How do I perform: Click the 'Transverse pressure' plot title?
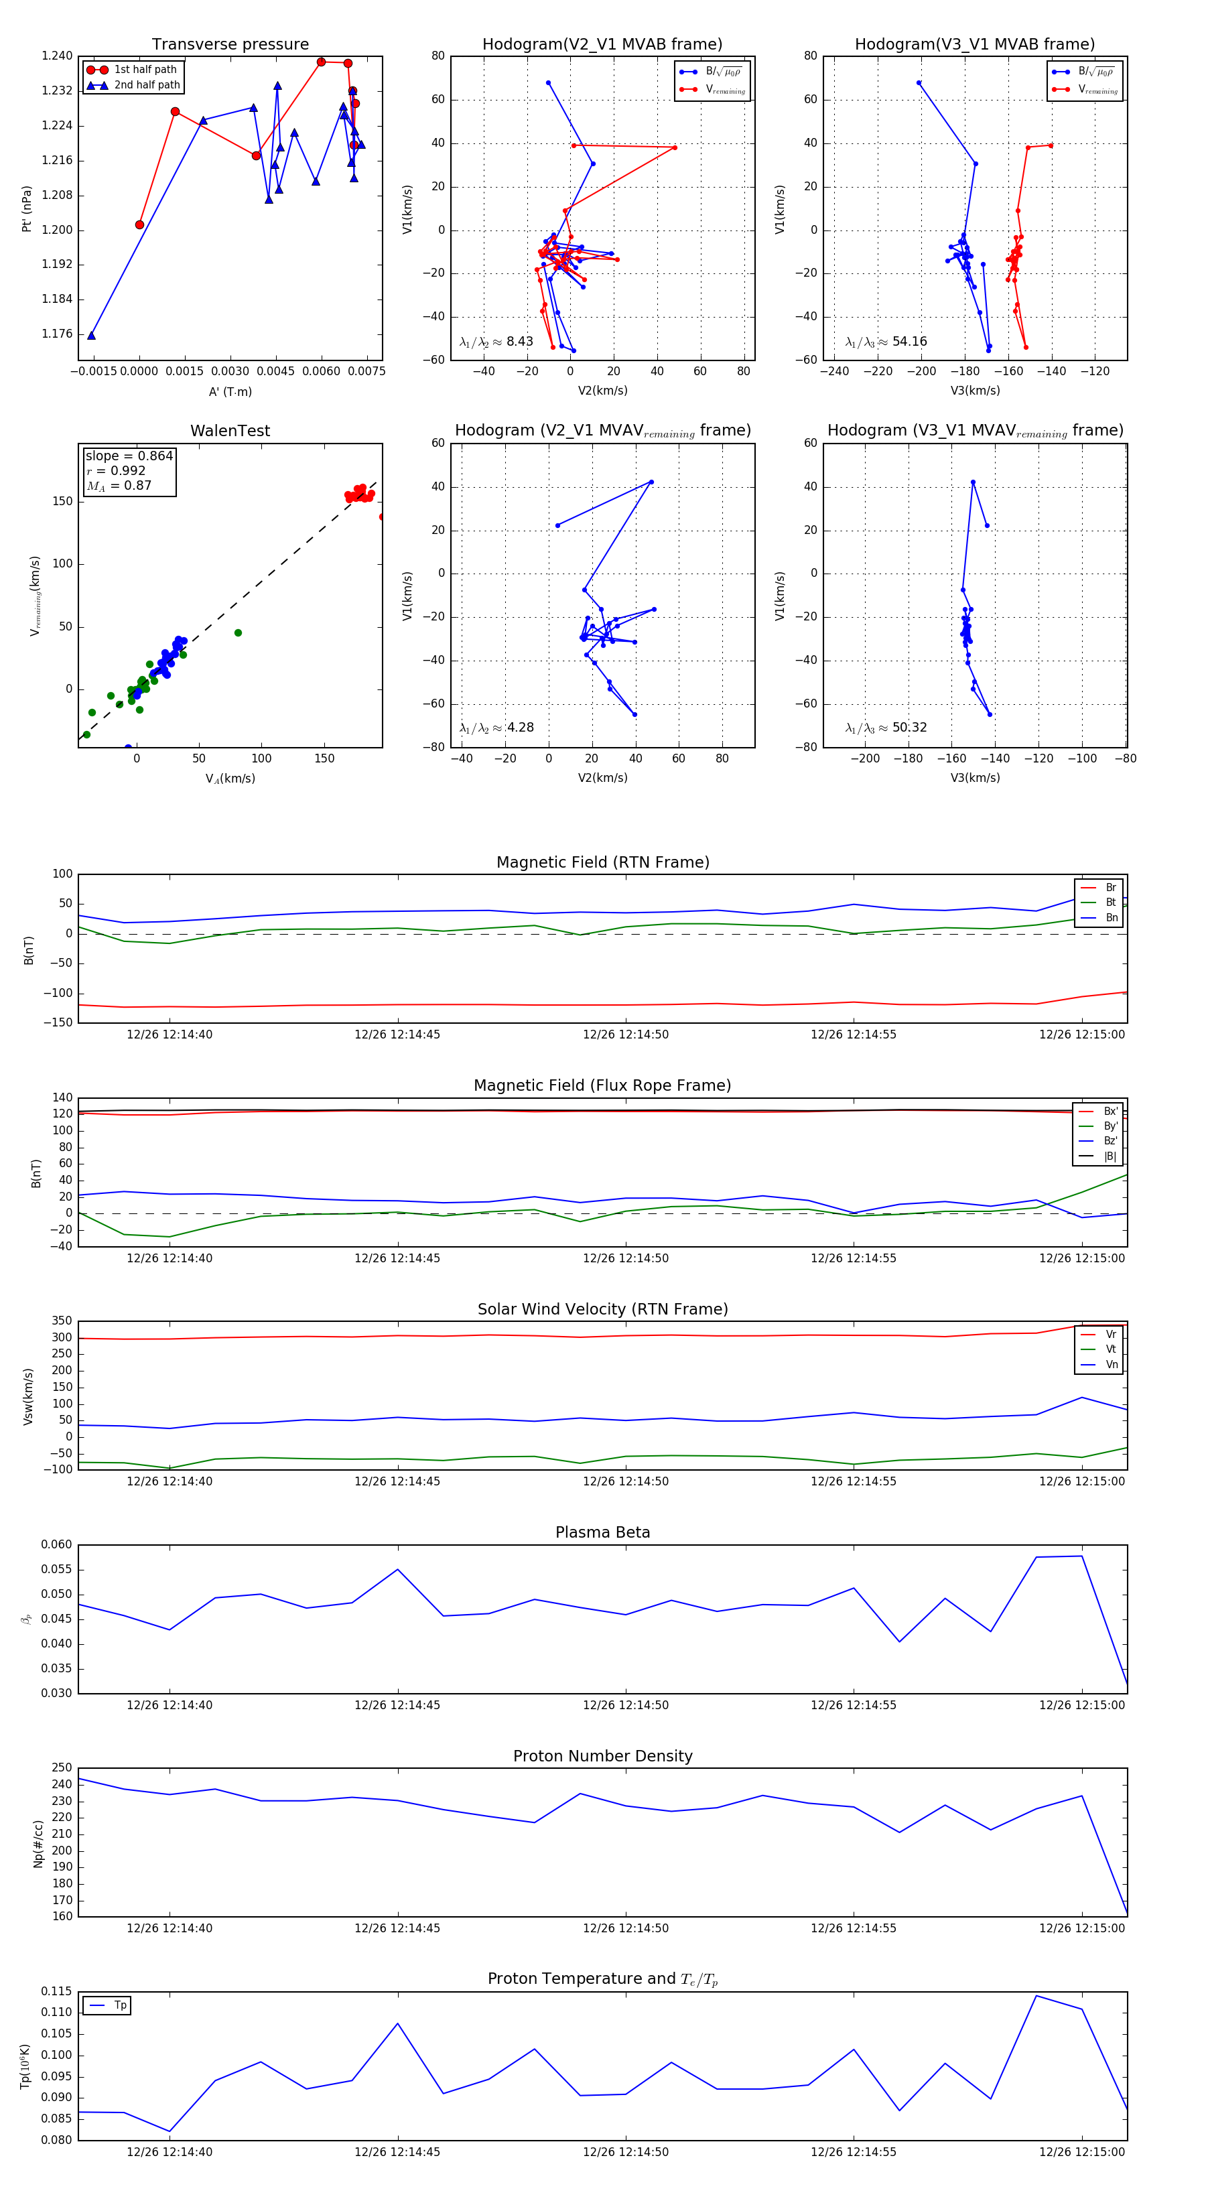[230, 45]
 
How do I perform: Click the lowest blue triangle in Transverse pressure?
[91, 336]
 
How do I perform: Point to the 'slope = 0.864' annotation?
[129, 456]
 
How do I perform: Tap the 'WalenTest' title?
[230, 431]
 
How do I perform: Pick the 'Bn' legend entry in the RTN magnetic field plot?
[1111, 917]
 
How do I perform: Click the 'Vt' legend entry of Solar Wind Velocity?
[1111, 1349]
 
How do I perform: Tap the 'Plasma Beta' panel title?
[602, 1532]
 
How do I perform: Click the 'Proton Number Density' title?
[602, 1756]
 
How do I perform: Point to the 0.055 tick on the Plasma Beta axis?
[57, 1569]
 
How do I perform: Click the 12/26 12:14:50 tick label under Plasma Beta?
[625, 1704]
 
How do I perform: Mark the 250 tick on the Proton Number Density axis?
[62, 1767]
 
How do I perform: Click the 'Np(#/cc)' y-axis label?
[38, 1844]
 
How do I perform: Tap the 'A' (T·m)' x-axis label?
[230, 391]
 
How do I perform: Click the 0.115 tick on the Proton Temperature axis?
[57, 1991]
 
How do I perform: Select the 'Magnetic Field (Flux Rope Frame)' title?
[602, 1086]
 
